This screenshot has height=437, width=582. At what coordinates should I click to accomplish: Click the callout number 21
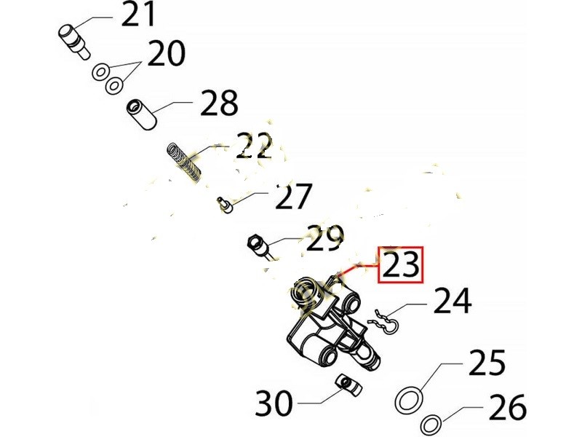[x=138, y=14]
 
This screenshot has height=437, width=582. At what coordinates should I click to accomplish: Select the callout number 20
[x=166, y=53]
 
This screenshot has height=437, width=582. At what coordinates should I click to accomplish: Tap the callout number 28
[x=219, y=103]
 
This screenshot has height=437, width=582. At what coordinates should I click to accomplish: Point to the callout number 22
[x=254, y=146]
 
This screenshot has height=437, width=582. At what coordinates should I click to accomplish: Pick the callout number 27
[x=292, y=196]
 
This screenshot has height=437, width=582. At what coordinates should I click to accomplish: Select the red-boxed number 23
[x=401, y=264]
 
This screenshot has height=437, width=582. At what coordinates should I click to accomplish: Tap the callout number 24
[x=453, y=300]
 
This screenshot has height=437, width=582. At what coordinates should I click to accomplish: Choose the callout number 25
[x=487, y=362]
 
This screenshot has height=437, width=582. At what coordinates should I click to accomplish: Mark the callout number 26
[x=508, y=407]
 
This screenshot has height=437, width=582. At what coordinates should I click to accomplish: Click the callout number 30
[x=274, y=403]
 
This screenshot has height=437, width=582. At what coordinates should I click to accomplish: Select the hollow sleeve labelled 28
[x=141, y=114]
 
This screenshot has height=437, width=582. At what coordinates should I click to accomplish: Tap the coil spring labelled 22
[x=184, y=162]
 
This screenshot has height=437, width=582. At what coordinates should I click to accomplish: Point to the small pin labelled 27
[x=224, y=205]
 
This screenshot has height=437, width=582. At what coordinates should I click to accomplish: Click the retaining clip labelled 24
[x=383, y=321]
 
